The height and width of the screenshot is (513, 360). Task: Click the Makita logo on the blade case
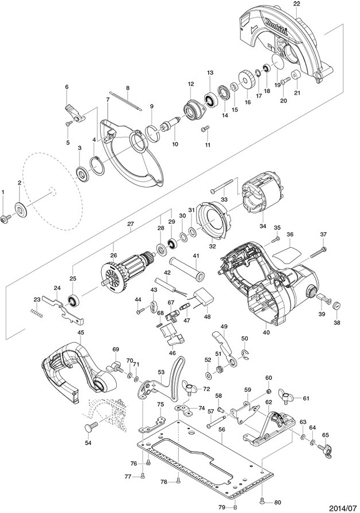pyautogui.click(x=277, y=26)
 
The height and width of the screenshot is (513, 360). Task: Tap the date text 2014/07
pyautogui.click(x=342, y=508)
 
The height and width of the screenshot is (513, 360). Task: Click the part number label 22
pyautogui.click(x=297, y=3)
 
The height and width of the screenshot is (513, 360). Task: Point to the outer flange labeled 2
pyautogui.click(x=21, y=209)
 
